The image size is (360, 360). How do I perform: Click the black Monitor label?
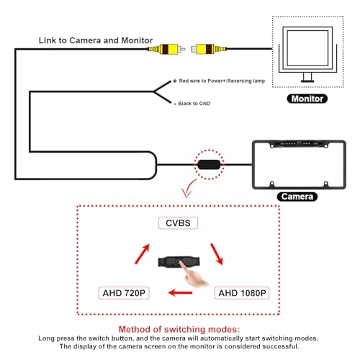(306, 99)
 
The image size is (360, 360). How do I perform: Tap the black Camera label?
(297, 196)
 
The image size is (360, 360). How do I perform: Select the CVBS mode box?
(178, 224)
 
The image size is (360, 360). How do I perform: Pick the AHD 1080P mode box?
(241, 293)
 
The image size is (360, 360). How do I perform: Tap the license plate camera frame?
(297, 164)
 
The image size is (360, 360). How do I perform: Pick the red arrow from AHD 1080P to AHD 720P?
(180, 293)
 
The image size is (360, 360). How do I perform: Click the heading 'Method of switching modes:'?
(179, 328)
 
